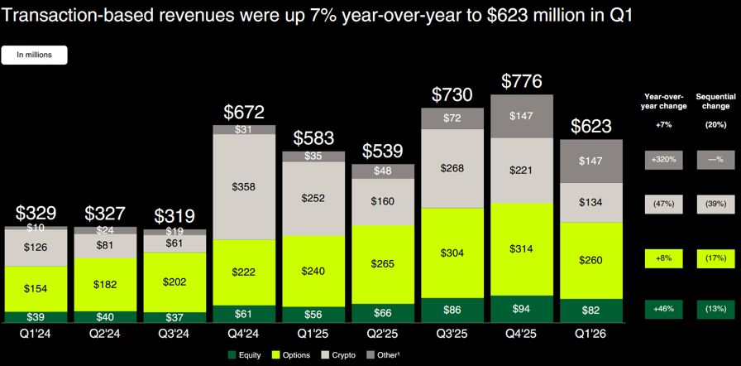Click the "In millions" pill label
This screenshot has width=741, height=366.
(x=35, y=55)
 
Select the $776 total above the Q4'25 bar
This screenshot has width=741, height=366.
(x=523, y=82)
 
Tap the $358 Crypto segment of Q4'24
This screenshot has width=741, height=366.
(x=244, y=187)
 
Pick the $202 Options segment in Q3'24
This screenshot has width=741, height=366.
(x=174, y=282)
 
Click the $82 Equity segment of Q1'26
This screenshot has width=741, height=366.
(x=592, y=311)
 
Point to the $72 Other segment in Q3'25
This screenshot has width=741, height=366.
(x=453, y=118)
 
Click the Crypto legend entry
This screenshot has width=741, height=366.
(x=339, y=355)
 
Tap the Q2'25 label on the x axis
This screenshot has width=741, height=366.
(x=383, y=335)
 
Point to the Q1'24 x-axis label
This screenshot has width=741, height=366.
(x=36, y=335)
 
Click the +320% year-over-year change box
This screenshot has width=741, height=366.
(x=664, y=160)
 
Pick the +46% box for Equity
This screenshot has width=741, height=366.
(x=664, y=310)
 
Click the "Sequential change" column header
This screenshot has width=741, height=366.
(x=713, y=101)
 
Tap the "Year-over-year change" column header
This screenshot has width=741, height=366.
(x=664, y=101)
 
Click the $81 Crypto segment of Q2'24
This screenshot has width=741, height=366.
(x=105, y=245)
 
